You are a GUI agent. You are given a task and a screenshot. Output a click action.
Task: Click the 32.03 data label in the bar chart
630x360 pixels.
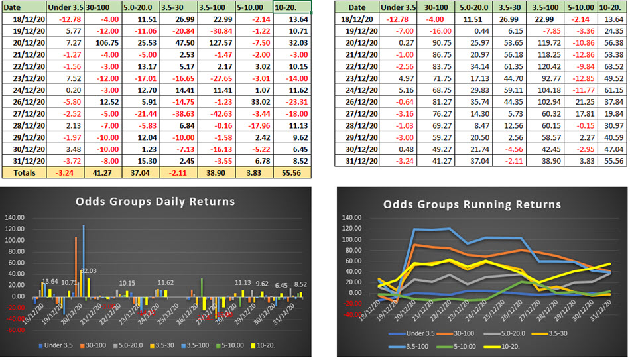click(90, 271)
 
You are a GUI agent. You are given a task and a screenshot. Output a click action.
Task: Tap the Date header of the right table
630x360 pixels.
click(356, 7)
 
